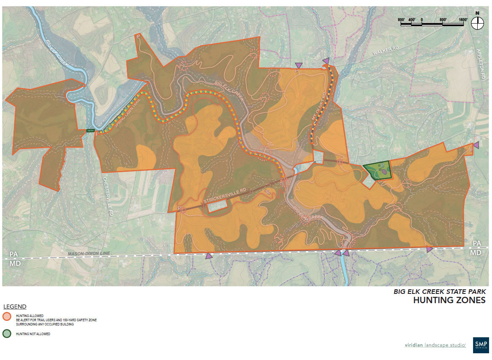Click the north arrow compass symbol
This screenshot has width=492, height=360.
pyautogui.click(x=477, y=23)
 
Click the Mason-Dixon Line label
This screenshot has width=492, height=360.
pyautogui.click(x=89, y=253)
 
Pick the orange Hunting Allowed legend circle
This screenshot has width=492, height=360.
pyautogui.click(x=6, y=317)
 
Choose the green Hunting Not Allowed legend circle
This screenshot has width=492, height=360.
pyautogui.click(x=6, y=334)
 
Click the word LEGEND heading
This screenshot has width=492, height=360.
pyautogui.click(x=15, y=307)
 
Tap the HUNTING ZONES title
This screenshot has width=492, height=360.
pyautogui.click(x=449, y=300)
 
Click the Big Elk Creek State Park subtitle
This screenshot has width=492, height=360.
pyautogui.click(x=439, y=291)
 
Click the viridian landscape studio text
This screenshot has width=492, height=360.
pyautogui.click(x=435, y=345)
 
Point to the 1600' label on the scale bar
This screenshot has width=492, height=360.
pyautogui.click(x=463, y=20)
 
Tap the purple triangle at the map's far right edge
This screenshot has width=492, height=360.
pyautogui.click(x=476, y=145)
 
